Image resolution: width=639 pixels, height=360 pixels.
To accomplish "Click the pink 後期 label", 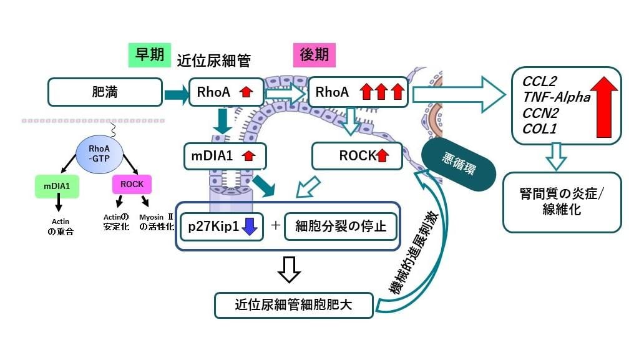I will [x=314, y=55].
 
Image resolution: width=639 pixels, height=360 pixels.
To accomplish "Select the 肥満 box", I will [x=105, y=92].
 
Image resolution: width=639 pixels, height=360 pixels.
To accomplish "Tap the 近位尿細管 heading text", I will [x=213, y=61].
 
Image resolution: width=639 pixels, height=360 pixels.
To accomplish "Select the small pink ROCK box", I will [x=132, y=185].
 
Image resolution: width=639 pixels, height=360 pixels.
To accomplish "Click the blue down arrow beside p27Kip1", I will [x=249, y=226].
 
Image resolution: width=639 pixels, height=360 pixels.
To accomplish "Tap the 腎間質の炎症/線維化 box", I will [x=562, y=201].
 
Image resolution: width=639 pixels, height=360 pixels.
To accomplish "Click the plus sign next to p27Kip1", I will [x=275, y=226].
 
